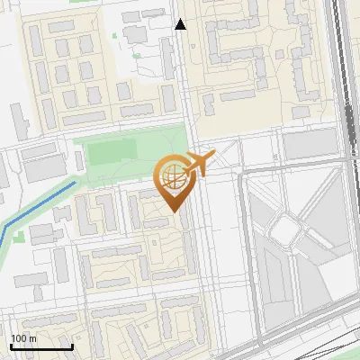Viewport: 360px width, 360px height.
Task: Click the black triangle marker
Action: click(x=181, y=24)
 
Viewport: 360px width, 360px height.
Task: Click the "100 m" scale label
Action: click(x=23, y=338)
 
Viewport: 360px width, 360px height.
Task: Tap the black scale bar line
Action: click(x=41, y=346)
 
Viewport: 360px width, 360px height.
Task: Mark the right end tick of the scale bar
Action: click(x=72, y=345)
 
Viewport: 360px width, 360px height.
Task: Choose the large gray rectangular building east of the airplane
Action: click(x=310, y=144)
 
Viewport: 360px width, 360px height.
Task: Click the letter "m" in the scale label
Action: click(x=32, y=338)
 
